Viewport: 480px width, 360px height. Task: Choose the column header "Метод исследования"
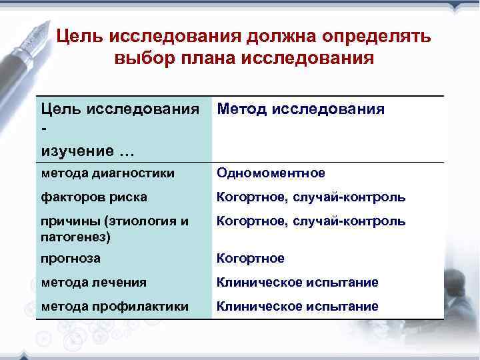(301, 109)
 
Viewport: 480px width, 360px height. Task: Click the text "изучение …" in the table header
(87, 151)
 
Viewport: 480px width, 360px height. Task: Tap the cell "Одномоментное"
(271, 173)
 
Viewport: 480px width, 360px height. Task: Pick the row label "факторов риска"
(94, 197)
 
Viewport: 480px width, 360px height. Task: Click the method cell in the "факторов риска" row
(311, 197)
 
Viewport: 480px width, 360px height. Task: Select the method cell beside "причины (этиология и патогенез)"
(311, 221)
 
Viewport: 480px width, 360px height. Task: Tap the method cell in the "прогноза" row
(251, 258)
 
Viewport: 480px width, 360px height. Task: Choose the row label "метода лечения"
(93, 282)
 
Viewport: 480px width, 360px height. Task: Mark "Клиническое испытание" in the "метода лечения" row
(297, 282)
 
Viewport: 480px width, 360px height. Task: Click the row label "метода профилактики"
(115, 306)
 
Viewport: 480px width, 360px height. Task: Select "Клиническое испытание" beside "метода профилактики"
(297, 306)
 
